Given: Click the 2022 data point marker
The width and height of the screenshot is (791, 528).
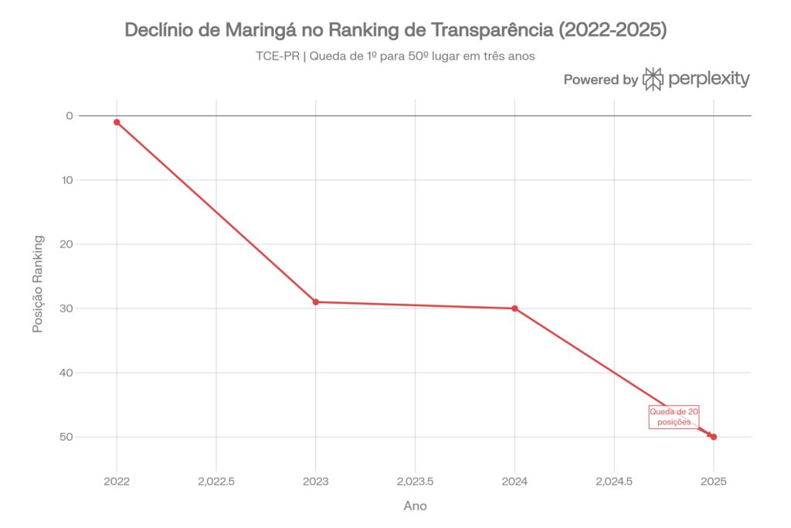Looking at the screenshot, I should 117,122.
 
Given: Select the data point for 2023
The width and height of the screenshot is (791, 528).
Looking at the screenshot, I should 316,302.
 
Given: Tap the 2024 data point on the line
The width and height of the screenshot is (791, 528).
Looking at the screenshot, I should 514,308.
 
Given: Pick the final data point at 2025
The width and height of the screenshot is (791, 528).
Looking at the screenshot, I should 714,437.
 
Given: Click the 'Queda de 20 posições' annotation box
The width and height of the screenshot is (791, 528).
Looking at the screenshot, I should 674,417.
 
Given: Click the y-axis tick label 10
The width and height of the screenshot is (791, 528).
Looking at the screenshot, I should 68,180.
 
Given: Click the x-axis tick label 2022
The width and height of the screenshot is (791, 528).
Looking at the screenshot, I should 117,481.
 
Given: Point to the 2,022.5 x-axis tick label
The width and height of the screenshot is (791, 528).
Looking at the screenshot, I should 216,481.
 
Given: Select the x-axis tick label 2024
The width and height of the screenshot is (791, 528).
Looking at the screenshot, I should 514,481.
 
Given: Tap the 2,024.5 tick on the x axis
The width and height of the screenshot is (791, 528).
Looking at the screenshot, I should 614,481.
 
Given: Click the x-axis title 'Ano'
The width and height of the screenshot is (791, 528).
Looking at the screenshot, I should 415,506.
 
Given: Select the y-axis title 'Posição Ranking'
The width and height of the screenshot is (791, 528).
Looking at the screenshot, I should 36,284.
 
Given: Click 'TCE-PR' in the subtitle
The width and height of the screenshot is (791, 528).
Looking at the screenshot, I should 276,56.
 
